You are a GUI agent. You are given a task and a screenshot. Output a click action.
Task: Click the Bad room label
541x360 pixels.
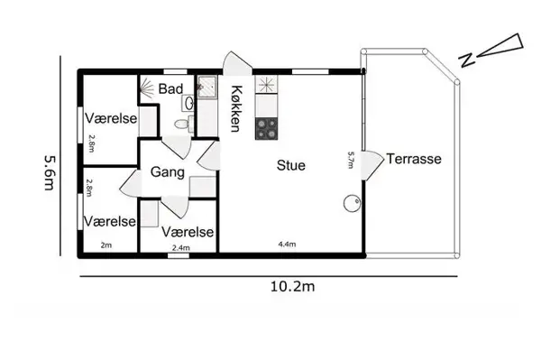(171, 89)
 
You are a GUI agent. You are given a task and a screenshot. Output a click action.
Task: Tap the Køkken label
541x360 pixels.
(236, 107)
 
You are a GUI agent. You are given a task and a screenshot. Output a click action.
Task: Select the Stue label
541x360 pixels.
(290, 165)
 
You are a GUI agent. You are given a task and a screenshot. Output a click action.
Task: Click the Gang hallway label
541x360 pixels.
(168, 172)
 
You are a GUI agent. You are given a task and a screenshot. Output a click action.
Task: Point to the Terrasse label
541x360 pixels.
(414, 159)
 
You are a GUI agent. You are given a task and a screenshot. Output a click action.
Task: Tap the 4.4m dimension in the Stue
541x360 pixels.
(287, 245)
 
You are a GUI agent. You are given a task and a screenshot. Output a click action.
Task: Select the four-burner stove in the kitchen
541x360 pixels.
(267, 128)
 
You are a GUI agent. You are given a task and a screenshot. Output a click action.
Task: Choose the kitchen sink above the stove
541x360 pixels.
(267, 87)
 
